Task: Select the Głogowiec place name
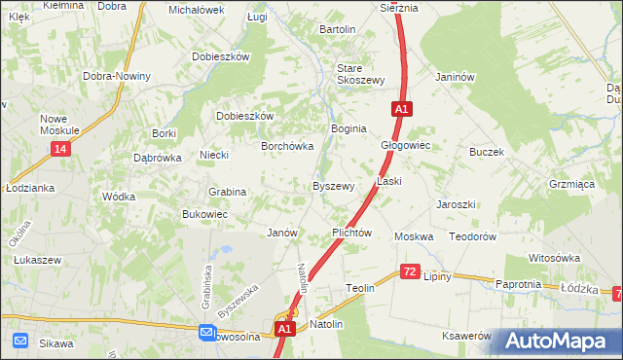point(405,145)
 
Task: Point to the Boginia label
point(348,128)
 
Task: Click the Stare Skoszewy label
point(361,75)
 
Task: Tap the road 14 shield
point(60,148)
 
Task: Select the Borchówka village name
point(286,146)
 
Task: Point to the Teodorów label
point(473,236)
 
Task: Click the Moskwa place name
point(413,236)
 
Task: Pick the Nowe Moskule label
point(59,125)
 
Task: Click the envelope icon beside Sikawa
point(20,342)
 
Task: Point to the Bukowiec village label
point(204,214)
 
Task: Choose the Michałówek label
point(197,10)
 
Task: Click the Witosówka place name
point(554,258)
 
